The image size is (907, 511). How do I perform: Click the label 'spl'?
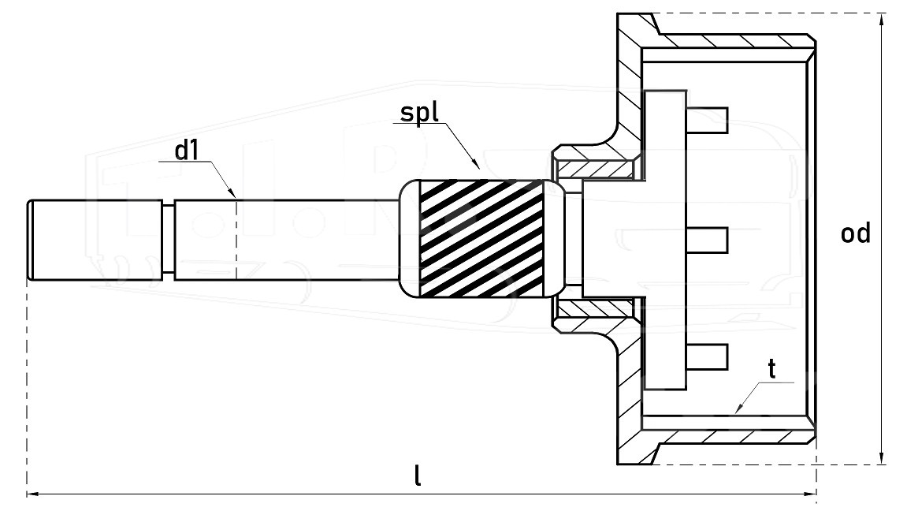click(x=419, y=113)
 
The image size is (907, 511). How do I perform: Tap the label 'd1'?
click(x=187, y=151)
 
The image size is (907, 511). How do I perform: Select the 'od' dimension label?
click(x=856, y=233)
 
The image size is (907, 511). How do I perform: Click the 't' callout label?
click(x=771, y=368)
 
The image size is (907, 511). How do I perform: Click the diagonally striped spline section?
click(x=481, y=238)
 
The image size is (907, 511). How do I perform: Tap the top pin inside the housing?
click(x=707, y=121)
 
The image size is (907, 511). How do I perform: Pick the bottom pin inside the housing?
click(x=707, y=357)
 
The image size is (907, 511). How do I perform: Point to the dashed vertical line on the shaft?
click(x=236, y=238)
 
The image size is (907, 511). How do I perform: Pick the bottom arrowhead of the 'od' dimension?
click(x=882, y=457)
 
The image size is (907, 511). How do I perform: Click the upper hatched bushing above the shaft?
click(x=597, y=169)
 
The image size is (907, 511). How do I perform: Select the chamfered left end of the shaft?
click(x=30, y=241)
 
